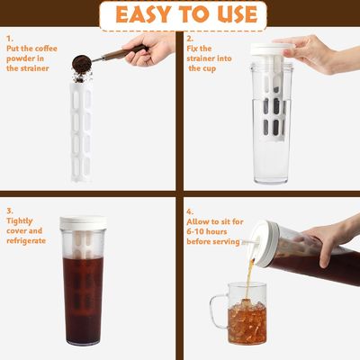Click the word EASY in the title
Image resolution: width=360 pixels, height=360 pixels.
coord(144,14)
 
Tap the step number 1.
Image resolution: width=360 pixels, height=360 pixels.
coord(10,39)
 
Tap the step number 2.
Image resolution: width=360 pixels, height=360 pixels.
coord(190,39)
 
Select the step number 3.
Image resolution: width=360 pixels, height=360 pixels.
coord(10,211)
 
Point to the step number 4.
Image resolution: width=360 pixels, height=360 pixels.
coord(190,211)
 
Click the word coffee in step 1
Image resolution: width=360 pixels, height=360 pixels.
coord(45,49)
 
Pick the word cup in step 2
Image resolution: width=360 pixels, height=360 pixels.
coord(210,69)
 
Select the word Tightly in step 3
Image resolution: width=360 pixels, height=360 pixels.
coord(20,221)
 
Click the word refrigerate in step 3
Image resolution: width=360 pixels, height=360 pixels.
coord(26,241)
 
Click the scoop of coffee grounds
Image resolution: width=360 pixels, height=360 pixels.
coord(82,63)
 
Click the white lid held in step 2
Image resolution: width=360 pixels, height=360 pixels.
coord(272,49)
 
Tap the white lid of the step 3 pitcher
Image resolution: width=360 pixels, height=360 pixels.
coord(83,223)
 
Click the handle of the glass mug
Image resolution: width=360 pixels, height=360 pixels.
coord(218,310)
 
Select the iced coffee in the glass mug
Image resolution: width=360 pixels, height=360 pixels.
coord(247,323)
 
